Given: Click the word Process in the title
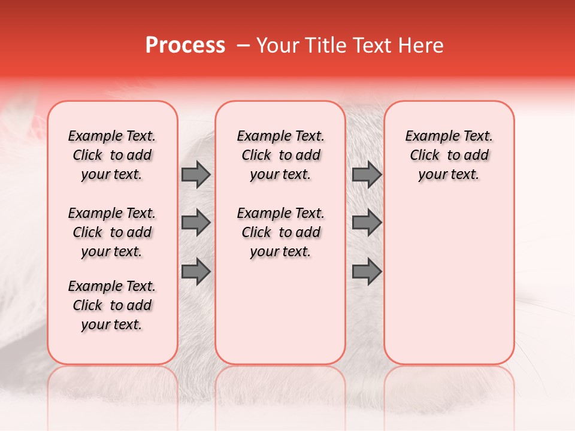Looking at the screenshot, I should coord(185,45).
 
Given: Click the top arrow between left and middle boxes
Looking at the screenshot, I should coord(196,174).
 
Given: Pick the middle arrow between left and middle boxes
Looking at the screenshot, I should coord(196,223).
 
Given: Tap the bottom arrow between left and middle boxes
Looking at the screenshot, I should coord(196,271).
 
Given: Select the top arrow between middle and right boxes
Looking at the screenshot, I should coord(367,174).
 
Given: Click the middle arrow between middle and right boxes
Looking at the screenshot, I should coord(367,223).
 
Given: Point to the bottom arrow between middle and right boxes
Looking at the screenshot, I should coord(367,271).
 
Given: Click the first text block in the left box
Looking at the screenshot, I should coord(112,155).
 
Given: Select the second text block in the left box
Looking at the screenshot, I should coord(112,232).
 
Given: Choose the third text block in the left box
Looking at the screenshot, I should coord(112,305).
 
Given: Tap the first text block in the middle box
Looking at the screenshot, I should coord(280,155).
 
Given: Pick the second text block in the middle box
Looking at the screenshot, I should coord(280,232).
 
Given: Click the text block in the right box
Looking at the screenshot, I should coord(449,155).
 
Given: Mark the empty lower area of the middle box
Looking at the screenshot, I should coord(280,311).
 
